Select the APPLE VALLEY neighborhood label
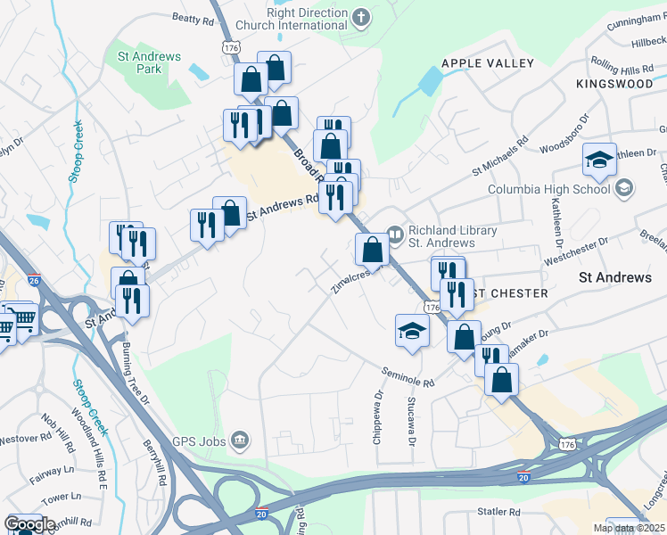click(488, 63)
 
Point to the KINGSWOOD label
click(614, 83)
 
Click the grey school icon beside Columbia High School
click(624, 187)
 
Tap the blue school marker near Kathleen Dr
click(599, 160)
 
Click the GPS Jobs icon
click(239, 439)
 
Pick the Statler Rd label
click(498, 512)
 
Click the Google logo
click(29, 523)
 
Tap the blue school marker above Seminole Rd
click(413, 330)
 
